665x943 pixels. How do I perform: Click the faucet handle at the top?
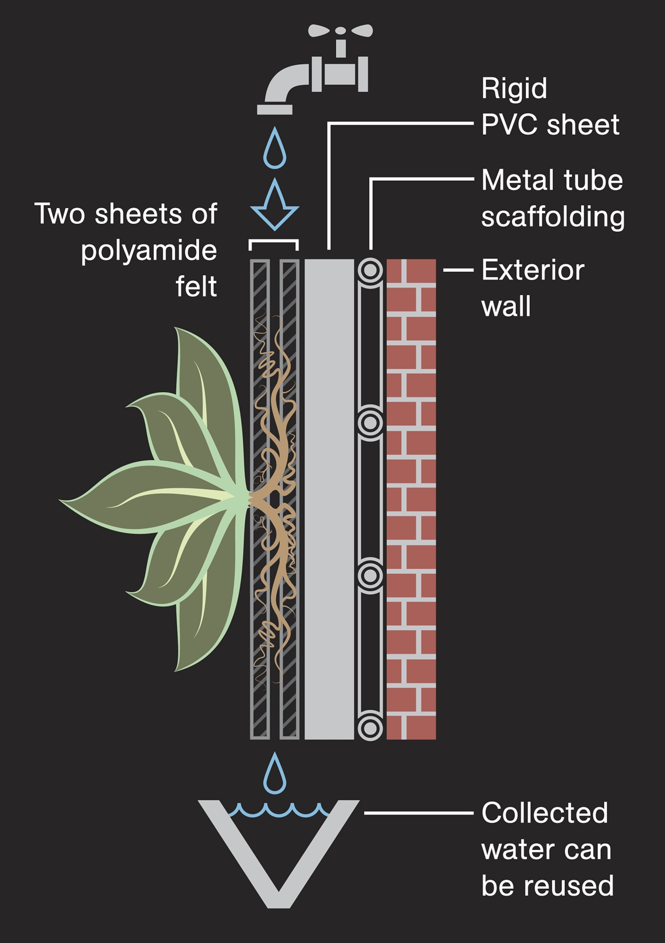click(x=340, y=31)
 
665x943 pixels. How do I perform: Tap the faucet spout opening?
click(x=274, y=110)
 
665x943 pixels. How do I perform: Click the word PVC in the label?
click(x=509, y=125)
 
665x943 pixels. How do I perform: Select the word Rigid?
click(x=514, y=89)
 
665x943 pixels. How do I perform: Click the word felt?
click(x=196, y=287)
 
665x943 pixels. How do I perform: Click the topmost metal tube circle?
click(x=370, y=270)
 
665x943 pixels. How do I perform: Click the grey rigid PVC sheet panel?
click(x=329, y=493)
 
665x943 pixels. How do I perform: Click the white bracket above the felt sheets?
click(x=274, y=242)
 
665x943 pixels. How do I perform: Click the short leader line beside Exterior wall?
click(x=458, y=270)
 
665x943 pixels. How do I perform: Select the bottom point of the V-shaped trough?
click(x=278, y=904)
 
